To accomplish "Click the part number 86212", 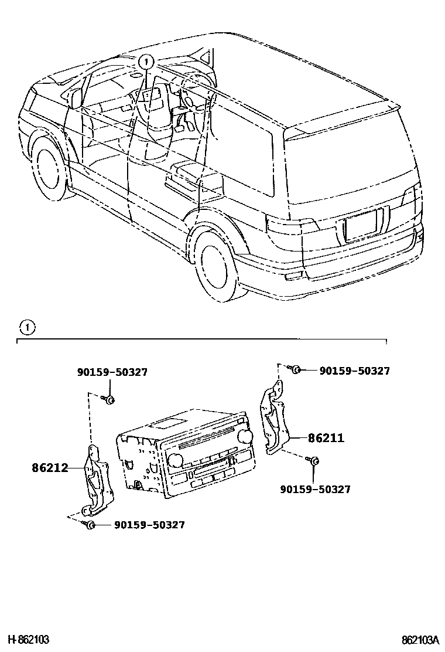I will tap(50, 468).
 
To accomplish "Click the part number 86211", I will tap(326, 437).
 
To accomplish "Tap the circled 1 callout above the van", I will tap(146, 60).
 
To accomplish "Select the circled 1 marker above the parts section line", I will tap(27, 327).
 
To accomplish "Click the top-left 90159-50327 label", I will tap(112, 372).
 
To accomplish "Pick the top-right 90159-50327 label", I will tap(355, 371).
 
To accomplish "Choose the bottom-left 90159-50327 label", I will tap(149, 525).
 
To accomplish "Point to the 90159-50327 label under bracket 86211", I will tap(315, 489).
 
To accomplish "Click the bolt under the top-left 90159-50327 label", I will tap(109, 400).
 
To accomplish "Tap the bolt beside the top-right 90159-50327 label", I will tap(296, 369).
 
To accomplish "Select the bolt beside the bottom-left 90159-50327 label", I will tap(90, 524).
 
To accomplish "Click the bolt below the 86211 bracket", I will tap(314, 461).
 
